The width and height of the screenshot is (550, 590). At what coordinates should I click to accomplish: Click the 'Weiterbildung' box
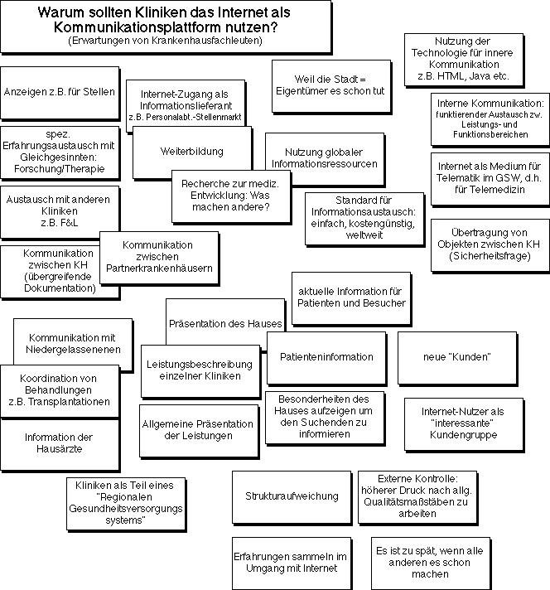[x=179, y=152]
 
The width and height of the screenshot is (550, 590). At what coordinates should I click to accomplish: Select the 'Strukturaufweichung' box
[x=292, y=496]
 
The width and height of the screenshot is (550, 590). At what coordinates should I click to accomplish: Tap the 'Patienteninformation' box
[x=326, y=356]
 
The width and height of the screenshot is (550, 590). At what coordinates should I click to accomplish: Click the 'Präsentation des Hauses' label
[x=225, y=323]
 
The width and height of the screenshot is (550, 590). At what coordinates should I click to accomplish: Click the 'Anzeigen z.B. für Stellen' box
[x=60, y=91]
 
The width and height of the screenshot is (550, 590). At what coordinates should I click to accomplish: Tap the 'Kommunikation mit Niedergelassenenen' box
[x=72, y=343]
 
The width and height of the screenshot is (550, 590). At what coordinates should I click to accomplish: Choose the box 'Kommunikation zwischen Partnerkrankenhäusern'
[x=157, y=257]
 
